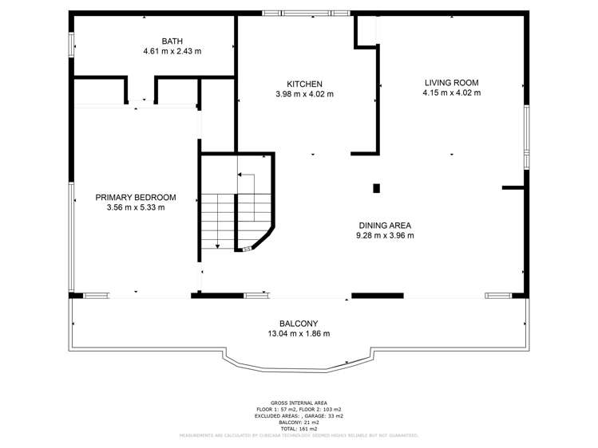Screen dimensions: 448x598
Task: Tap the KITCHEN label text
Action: click(304, 84)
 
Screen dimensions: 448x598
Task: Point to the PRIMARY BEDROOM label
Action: click(136, 198)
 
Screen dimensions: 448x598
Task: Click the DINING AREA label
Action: click(386, 225)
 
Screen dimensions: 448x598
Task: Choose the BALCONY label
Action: click(299, 324)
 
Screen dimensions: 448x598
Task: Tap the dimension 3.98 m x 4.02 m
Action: click(304, 94)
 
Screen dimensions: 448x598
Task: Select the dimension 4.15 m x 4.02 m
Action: click(451, 92)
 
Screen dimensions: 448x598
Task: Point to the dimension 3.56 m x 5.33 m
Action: click(136, 208)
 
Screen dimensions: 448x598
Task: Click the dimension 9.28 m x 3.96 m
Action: click(386, 235)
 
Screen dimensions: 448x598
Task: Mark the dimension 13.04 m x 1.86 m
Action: click(299, 334)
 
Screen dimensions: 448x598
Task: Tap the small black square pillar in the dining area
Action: click(376, 189)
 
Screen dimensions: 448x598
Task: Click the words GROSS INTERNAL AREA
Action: click(299, 403)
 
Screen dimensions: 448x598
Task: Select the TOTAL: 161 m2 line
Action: click(299, 428)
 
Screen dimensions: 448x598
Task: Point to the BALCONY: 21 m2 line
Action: click(299, 422)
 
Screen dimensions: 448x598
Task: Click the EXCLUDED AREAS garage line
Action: click(299, 415)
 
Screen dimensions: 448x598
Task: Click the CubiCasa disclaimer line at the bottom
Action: click(299, 435)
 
